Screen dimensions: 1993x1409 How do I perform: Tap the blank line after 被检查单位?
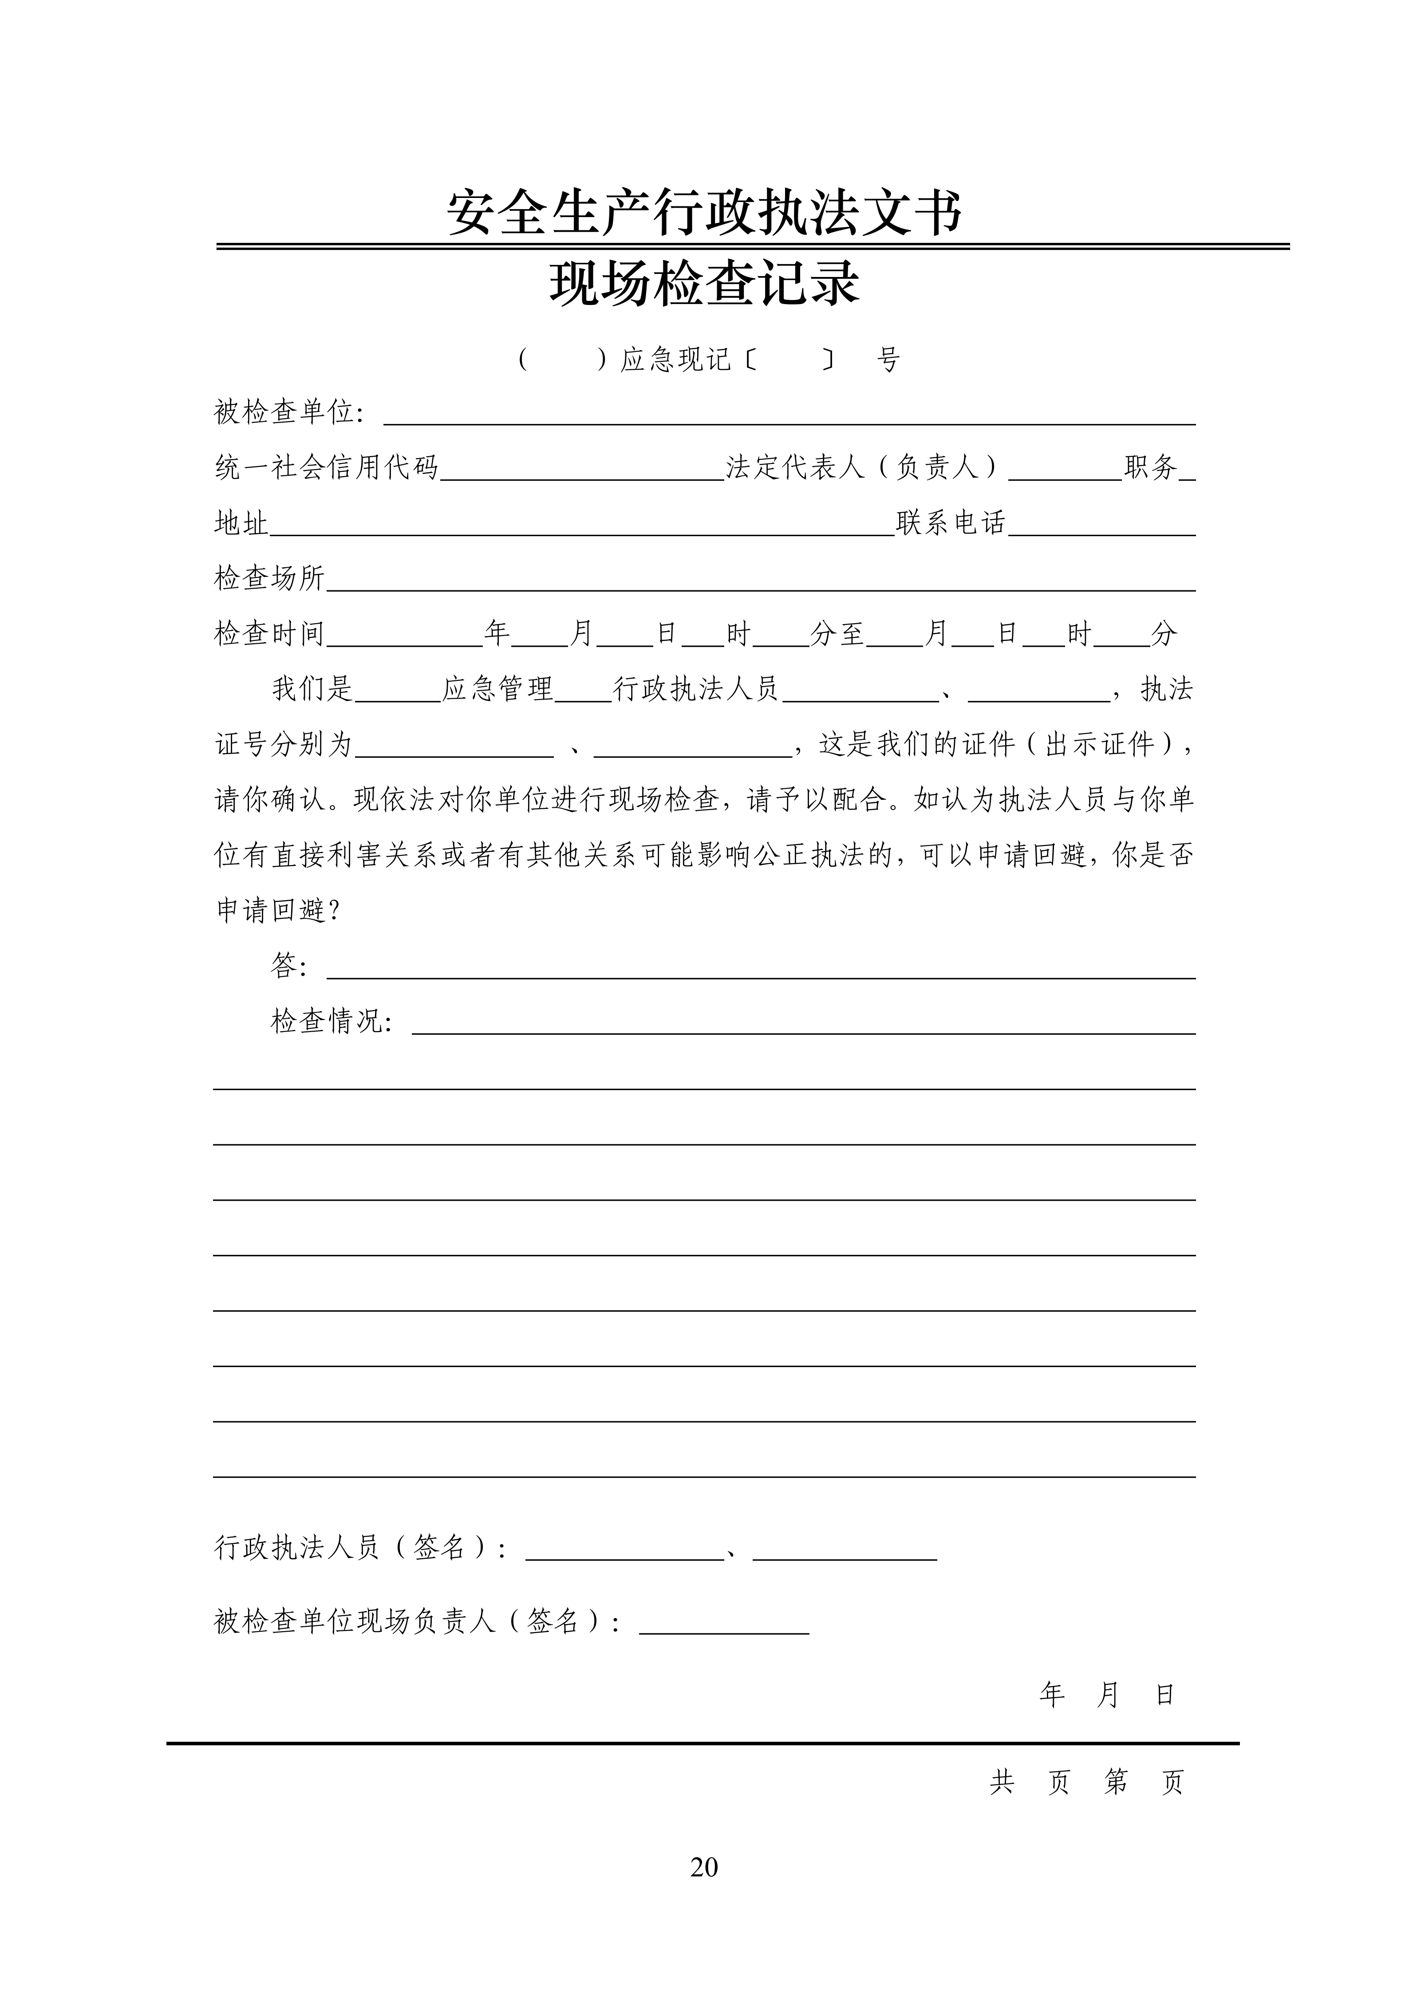pyautogui.click(x=789, y=417)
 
